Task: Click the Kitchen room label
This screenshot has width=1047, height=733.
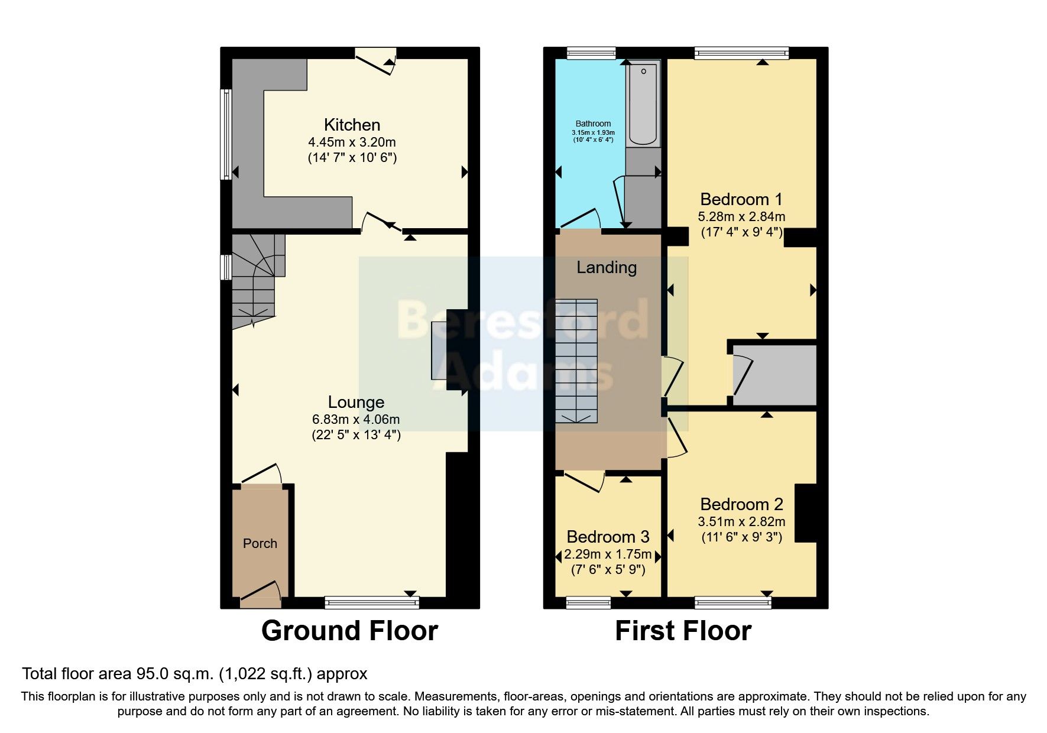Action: point(352,125)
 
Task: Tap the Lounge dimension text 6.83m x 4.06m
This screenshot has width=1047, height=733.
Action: point(356,420)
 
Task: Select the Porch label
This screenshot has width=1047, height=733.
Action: point(260,543)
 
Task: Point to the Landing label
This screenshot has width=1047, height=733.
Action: point(607,268)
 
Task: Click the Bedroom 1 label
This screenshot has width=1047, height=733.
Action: point(741,199)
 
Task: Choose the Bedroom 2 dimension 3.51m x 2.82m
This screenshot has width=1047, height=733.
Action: point(741,522)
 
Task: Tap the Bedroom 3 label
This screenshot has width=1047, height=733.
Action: point(608,537)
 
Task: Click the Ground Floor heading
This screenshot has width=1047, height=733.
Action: point(349,631)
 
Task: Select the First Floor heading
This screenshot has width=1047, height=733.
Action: point(683,631)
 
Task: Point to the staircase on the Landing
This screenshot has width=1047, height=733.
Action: point(576,361)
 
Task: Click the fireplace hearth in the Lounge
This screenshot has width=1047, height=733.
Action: point(439,350)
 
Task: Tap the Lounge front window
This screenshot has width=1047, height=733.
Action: point(372,602)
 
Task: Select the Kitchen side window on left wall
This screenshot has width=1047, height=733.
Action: point(225,134)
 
